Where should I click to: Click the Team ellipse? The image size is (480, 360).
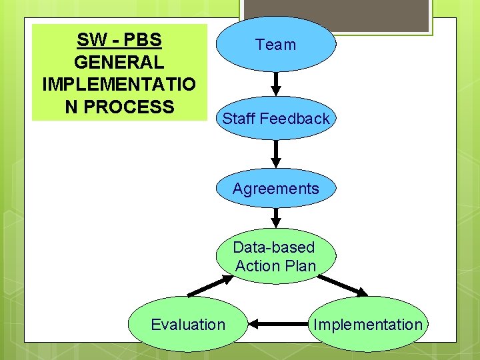coord(276,45)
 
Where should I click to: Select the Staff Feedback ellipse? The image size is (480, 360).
coord(276,119)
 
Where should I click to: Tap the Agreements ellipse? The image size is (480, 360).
coord(276,189)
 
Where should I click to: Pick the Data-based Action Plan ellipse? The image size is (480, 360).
coord(276,257)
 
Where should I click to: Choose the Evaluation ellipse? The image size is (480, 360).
coord(188,325)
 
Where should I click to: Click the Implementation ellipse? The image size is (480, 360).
coord(368,325)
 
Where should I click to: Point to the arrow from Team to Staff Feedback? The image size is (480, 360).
coord(277,83)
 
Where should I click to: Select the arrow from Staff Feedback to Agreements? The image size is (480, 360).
coord(277,153)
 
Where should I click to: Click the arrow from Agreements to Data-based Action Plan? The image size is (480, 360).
coord(277,218)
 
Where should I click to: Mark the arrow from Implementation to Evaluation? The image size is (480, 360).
coord(281,325)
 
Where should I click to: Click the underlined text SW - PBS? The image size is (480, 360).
coord(119,40)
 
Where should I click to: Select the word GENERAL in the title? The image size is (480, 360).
coord(119,63)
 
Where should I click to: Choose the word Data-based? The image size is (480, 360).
coord(273,247)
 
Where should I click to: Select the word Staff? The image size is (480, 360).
coord(239,119)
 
